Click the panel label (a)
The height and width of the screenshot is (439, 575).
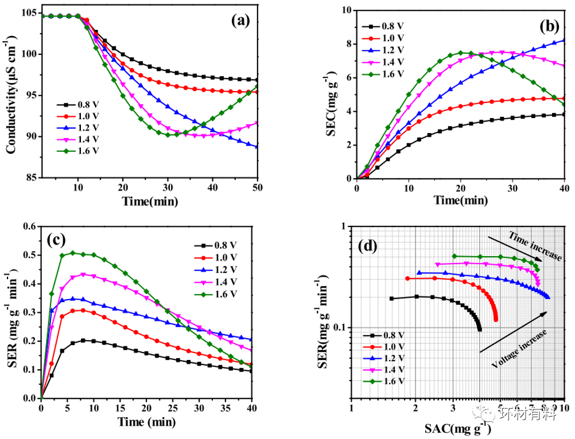point(240,21)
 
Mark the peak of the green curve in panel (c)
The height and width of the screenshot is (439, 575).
point(73,252)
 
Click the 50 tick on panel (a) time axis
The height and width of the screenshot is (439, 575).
point(258,187)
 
